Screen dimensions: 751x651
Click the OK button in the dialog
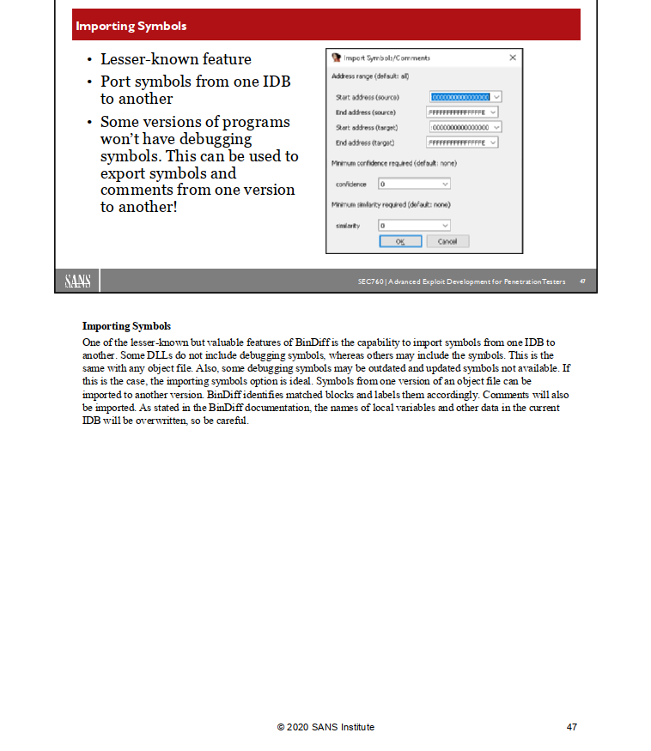(400, 242)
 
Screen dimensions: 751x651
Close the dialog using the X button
(513, 58)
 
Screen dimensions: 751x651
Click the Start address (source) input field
(460, 97)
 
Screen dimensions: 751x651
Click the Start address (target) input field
(460, 127)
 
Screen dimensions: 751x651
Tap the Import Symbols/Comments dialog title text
(386, 58)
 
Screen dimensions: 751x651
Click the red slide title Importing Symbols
(131, 26)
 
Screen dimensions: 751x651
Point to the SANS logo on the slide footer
(78, 282)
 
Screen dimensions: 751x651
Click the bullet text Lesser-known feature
(175, 59)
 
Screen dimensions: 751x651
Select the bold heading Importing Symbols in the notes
(126, 326)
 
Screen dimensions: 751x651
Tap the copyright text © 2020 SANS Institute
(325, 727)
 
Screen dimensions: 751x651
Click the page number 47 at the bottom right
(572, 727)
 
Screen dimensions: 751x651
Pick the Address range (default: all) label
(364, 76)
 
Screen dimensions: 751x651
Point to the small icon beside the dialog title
(337, 58)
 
